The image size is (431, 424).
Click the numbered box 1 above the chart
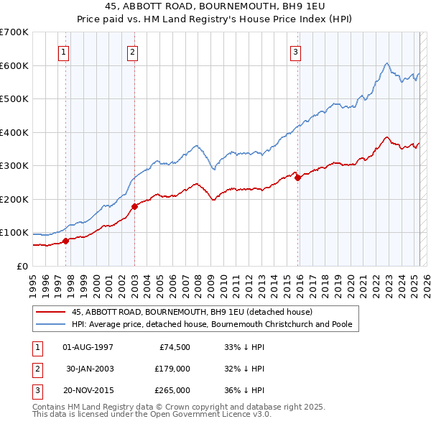[64, 52]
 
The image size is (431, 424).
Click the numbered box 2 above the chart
[133, 52]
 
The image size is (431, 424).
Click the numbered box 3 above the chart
[295, 52]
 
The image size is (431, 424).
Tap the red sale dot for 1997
[65, 241]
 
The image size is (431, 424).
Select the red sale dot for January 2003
[134, 206]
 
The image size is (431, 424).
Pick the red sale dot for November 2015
[297, 178]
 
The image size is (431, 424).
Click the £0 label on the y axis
[22, 266]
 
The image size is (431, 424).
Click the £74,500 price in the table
[172, 346]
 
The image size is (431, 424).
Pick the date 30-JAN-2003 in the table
[89, 369]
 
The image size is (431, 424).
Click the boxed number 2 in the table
[35, 369]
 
